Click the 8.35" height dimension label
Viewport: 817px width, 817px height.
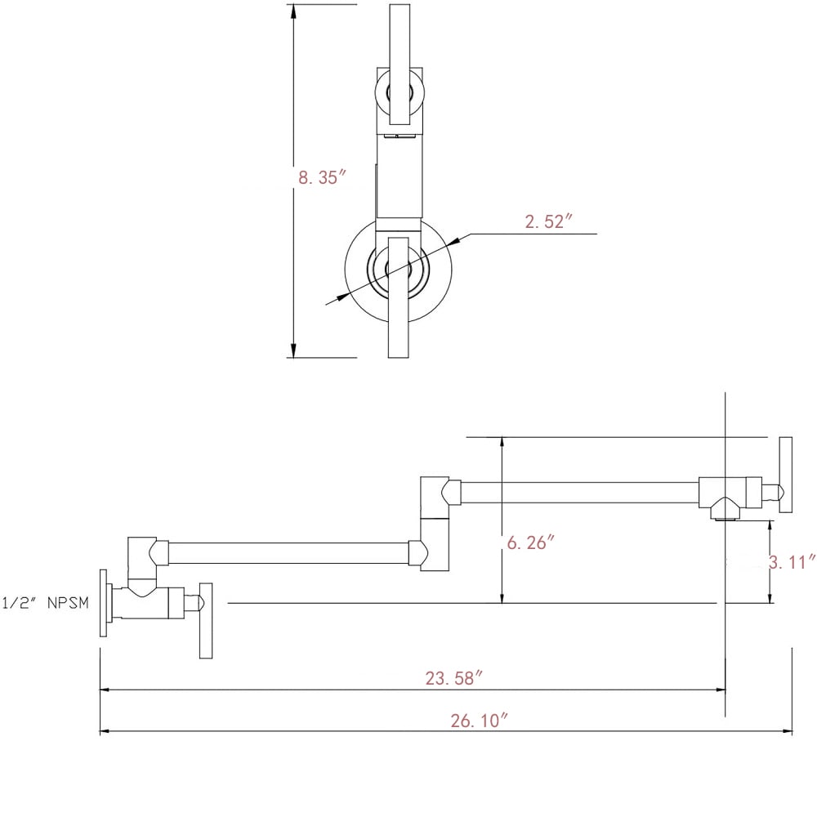point(323,177)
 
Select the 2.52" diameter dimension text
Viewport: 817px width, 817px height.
point(546,221)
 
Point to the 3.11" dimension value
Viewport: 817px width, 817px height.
point(793,562)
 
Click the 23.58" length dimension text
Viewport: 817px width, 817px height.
point(453,676)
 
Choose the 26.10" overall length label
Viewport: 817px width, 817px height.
point(480,721)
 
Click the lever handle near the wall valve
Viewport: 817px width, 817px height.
point(206,620)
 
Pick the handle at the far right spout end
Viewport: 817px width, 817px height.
point(785,475)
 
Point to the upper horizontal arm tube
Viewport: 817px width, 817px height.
point(580,492)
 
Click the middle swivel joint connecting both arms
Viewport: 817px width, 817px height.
point(434,523)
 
